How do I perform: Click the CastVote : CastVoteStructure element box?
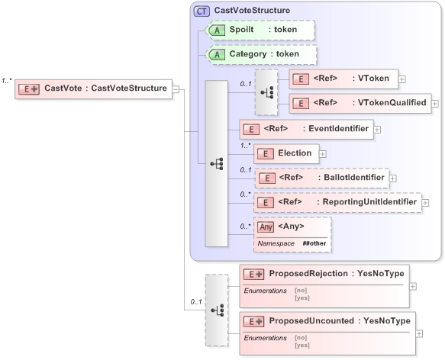93,88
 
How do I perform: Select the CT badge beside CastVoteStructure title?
202,11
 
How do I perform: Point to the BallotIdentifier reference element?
321,178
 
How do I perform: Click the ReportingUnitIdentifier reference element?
337,202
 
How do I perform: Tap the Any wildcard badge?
266,227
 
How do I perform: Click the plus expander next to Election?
323,153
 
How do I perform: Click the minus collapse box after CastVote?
176,88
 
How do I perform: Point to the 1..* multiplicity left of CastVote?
8,79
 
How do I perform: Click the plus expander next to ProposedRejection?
413,286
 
